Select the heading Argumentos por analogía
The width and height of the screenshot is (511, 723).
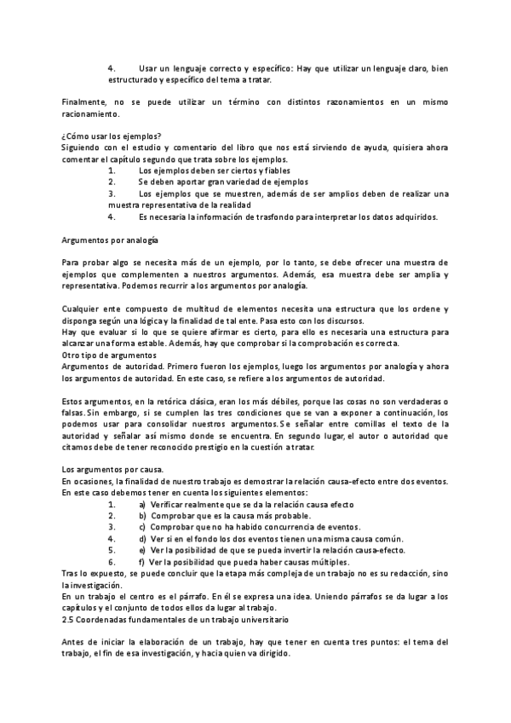(111, 241)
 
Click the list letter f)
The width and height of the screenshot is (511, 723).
(141, 563)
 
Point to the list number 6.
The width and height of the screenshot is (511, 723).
(112, 563)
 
